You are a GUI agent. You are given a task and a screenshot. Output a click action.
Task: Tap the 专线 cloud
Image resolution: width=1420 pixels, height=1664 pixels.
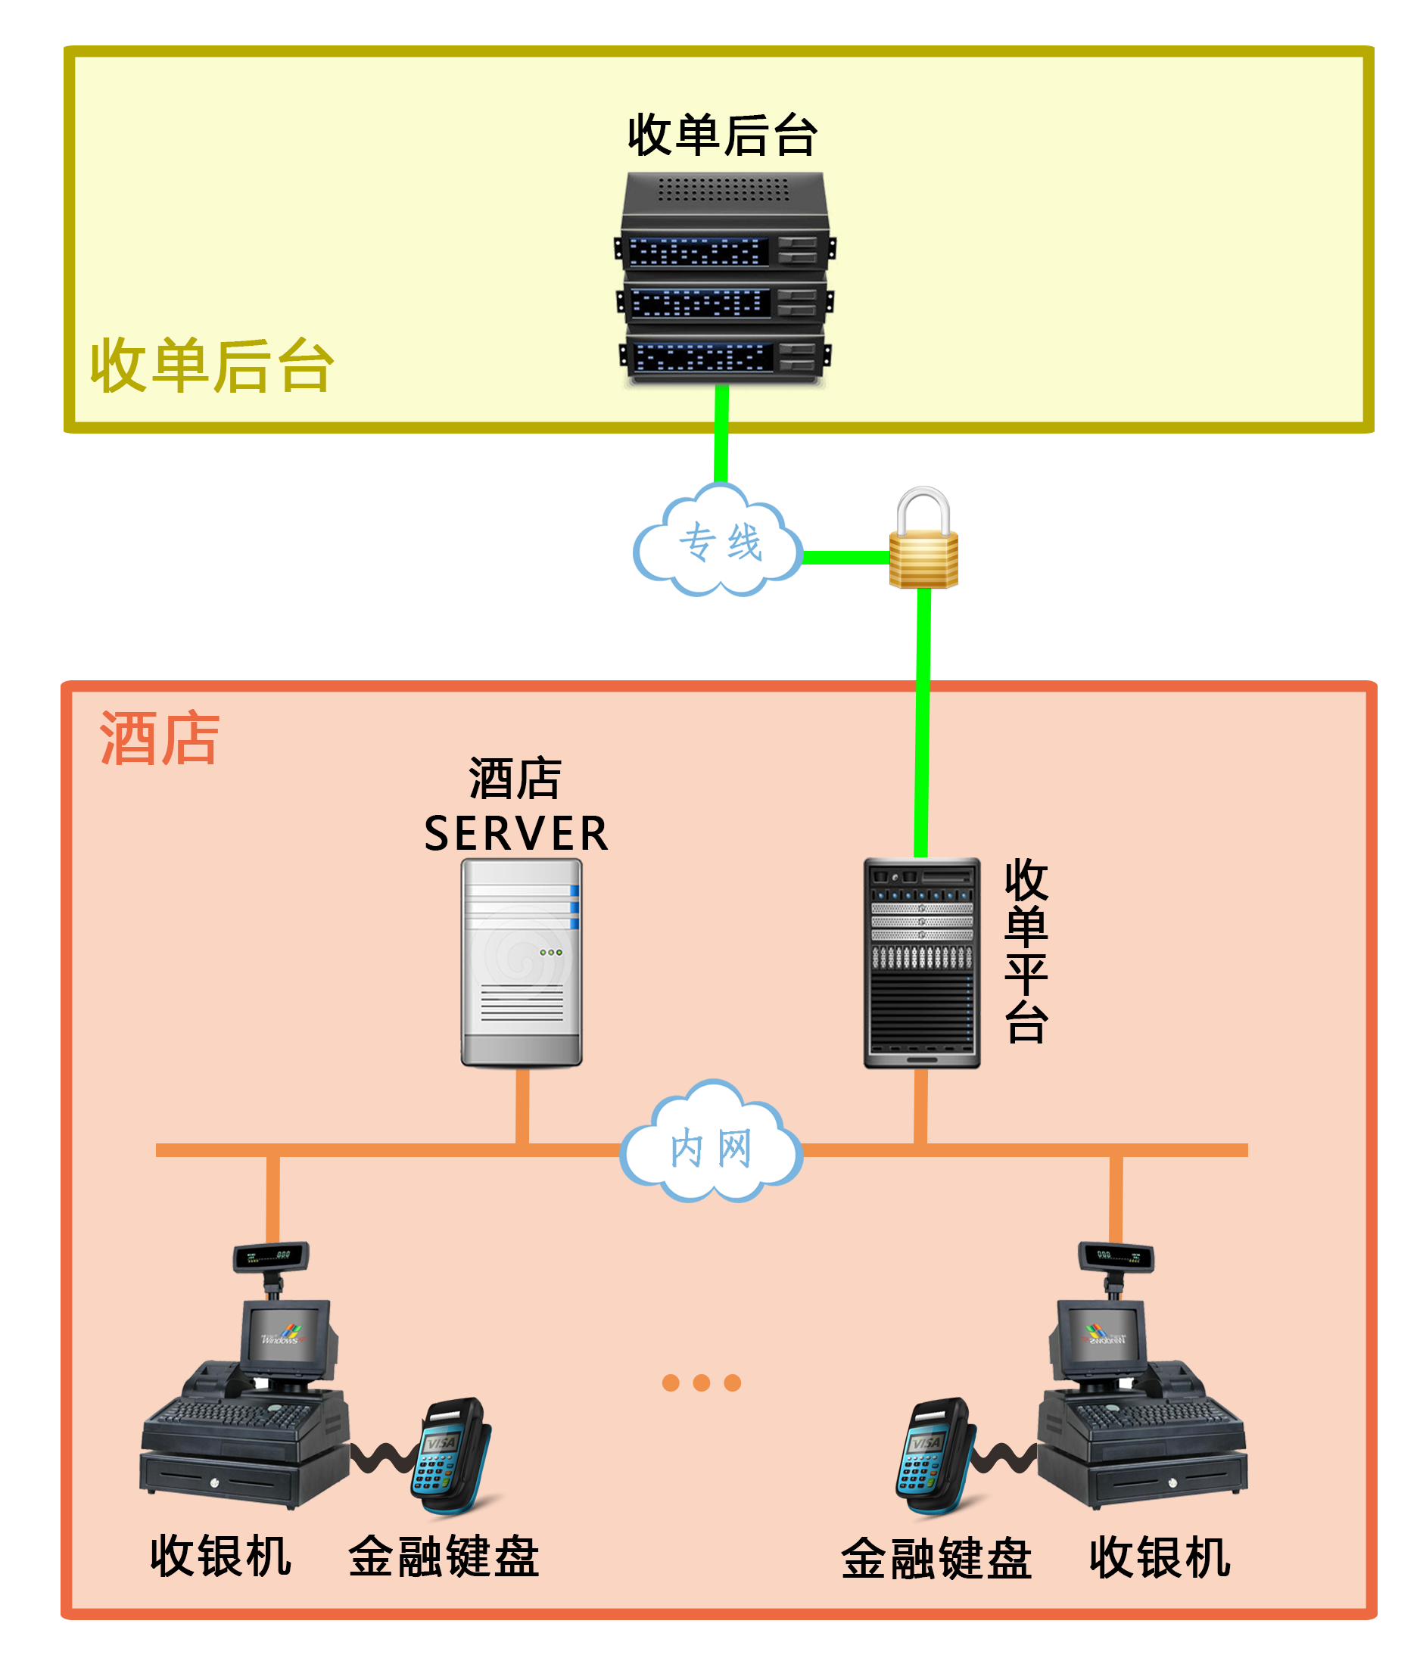(x=719, y=541)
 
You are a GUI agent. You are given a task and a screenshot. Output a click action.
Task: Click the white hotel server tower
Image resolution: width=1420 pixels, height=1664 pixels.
(x=521, y=961)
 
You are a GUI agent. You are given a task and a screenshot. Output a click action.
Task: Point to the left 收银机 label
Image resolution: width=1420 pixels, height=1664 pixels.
(x=220, y=1556)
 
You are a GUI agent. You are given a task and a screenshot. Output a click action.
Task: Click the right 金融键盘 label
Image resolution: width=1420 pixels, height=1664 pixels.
(x=935, y=1558)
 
